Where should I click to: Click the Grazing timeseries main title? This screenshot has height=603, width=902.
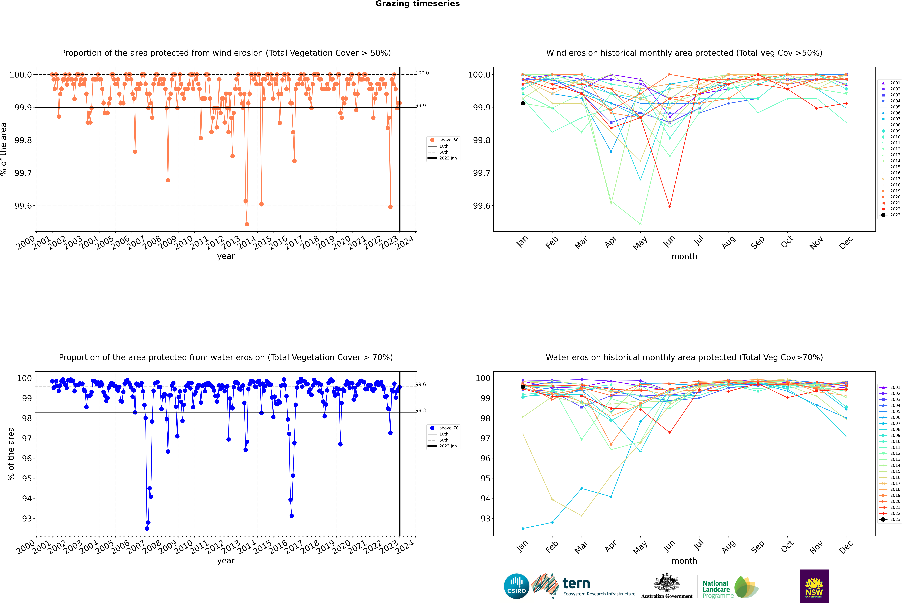tap(418, 4)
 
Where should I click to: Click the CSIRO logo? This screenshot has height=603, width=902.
tap(516, 586)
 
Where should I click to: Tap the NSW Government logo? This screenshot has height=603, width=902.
tap(814, 586)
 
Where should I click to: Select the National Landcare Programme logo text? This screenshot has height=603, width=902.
tap(716, 589)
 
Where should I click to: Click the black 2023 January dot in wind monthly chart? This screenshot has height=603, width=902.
tap(523, 103)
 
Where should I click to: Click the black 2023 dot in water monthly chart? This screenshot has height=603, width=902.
tap(523, 387)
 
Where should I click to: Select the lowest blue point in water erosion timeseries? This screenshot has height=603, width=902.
tap(147, 528)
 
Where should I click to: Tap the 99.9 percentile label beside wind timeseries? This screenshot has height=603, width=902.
tap(421, 105)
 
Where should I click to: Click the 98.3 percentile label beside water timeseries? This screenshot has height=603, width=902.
tap(421, 410)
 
